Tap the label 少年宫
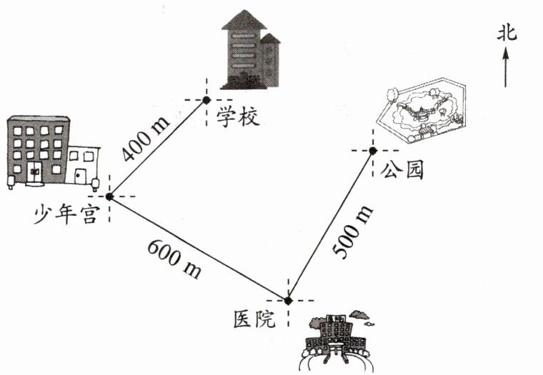pos(65,215)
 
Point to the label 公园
pos(402,171)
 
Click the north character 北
pos(506,32)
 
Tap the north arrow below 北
pos(506,66)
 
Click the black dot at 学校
pos(206,101)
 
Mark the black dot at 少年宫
pos(109,196)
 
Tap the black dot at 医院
pos(288,301)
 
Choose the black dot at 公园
pos(373,151)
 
